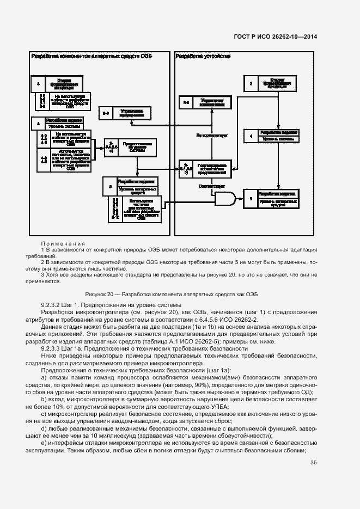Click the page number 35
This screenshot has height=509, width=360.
pyautogui.click(x=313, y=463)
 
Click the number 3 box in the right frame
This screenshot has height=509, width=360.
pyautogui.click(x=251, y=84)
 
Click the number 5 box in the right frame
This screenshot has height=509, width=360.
pyautogui.click(x=251, y=200)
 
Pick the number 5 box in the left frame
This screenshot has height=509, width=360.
pyautogui.click(x=111, y=186)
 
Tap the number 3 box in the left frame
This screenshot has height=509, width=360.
pyautogui.click(x=38, y=84)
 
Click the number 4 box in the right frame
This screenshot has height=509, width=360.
pyautogui.click(x=251, y=136)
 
